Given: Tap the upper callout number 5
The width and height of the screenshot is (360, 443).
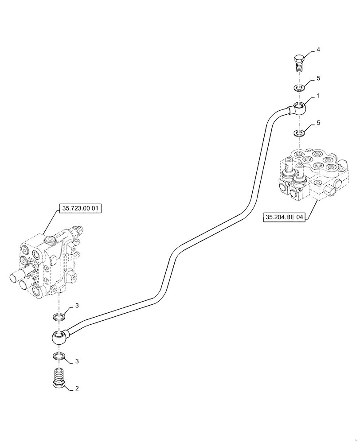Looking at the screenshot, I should click(x=318, y=78).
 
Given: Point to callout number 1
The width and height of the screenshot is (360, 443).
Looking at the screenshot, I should click(x=318, y=95).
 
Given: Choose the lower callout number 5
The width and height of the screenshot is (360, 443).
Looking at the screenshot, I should click(x=318, y=123).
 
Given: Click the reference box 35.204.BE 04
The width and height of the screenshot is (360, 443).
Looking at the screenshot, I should click(x=285, y=218).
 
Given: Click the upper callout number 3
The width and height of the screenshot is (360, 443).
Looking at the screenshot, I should click(x=77, y=306).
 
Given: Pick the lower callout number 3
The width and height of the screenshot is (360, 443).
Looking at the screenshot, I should click(x=77, y=361).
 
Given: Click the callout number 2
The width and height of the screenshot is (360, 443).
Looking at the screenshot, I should click(x=77, y=389).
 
